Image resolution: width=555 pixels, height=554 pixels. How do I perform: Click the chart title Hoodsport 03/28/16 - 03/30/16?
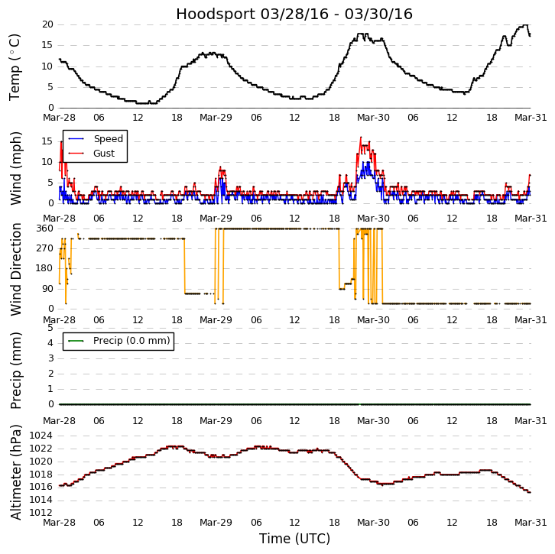(x=294, y=15)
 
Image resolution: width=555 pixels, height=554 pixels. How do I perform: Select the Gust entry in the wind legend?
(x=104, y=154)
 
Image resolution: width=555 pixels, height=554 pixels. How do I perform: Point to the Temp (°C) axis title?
(x=15, y=66)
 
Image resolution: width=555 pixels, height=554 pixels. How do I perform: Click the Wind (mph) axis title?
(x=15, y=167)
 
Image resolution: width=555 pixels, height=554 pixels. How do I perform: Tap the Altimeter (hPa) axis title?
(x=15, y=471)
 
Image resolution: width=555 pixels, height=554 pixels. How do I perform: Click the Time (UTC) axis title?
(x=294, y=539)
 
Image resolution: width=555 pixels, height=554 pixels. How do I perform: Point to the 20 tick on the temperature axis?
(x=47, y=24)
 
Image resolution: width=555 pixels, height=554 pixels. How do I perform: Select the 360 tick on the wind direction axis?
(x=44, y=228)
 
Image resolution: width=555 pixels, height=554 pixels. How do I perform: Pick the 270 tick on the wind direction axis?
(x=44, y=248)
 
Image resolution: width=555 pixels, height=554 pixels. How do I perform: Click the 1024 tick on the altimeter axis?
(x=41, y=436)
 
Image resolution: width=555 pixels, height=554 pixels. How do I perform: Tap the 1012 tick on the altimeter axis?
(x=41, y=513)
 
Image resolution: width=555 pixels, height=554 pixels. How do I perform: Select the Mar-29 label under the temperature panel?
(x=216, y=118)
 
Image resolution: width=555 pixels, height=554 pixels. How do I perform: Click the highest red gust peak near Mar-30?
(x=361, y=138)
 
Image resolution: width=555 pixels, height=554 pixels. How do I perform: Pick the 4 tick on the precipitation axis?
(x=50, y=343)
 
